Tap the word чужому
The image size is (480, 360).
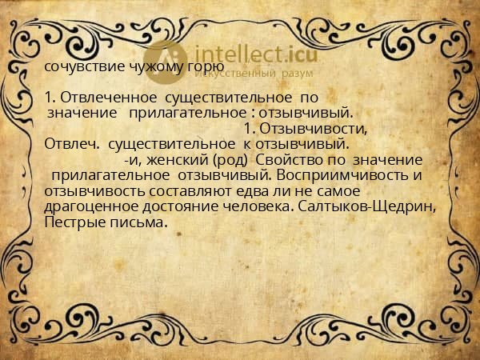pyautogui.click(x=147, y=66)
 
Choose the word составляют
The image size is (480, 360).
pyautogui.click(x=181, y=190)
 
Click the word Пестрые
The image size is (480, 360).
pyautogui.click(x=75, y=221)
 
